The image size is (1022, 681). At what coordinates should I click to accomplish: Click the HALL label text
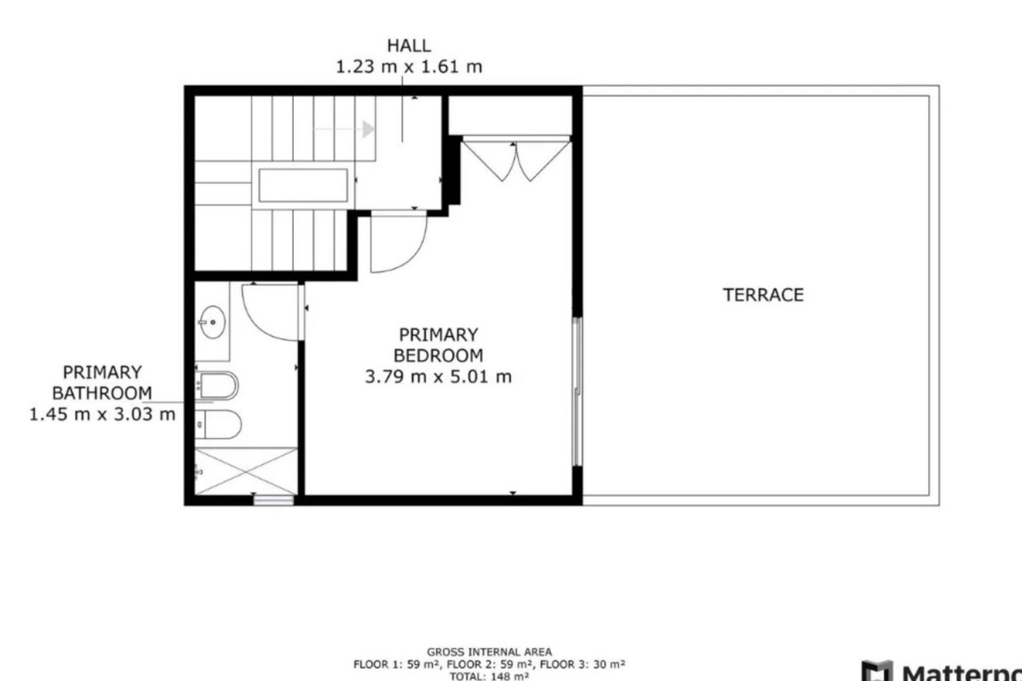(408, 46)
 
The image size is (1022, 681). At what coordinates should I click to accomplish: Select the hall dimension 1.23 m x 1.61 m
(408, 68)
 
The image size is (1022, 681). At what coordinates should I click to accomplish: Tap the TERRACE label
(763, 295)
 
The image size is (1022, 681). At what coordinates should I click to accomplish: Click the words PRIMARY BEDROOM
(438, 345)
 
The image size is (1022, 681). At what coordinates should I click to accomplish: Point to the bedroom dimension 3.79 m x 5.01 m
(438, 377)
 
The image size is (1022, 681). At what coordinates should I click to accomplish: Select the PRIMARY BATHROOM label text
(102, 383)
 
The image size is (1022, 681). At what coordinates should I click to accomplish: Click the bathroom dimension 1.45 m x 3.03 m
(102, 414)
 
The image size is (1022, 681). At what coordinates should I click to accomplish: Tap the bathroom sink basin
(212, 322)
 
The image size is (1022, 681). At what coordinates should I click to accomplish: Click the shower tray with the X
(245, 471)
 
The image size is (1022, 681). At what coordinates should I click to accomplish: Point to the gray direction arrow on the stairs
(367, 129)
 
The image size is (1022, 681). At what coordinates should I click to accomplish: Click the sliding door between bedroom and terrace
(577, 392)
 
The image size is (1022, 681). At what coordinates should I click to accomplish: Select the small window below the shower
(274, 500)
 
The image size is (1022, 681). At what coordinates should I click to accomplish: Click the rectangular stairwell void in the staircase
(303, 186)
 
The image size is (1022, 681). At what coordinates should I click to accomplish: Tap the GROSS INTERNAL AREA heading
(489, 652)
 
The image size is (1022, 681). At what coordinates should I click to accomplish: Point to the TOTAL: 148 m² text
(489, 676)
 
